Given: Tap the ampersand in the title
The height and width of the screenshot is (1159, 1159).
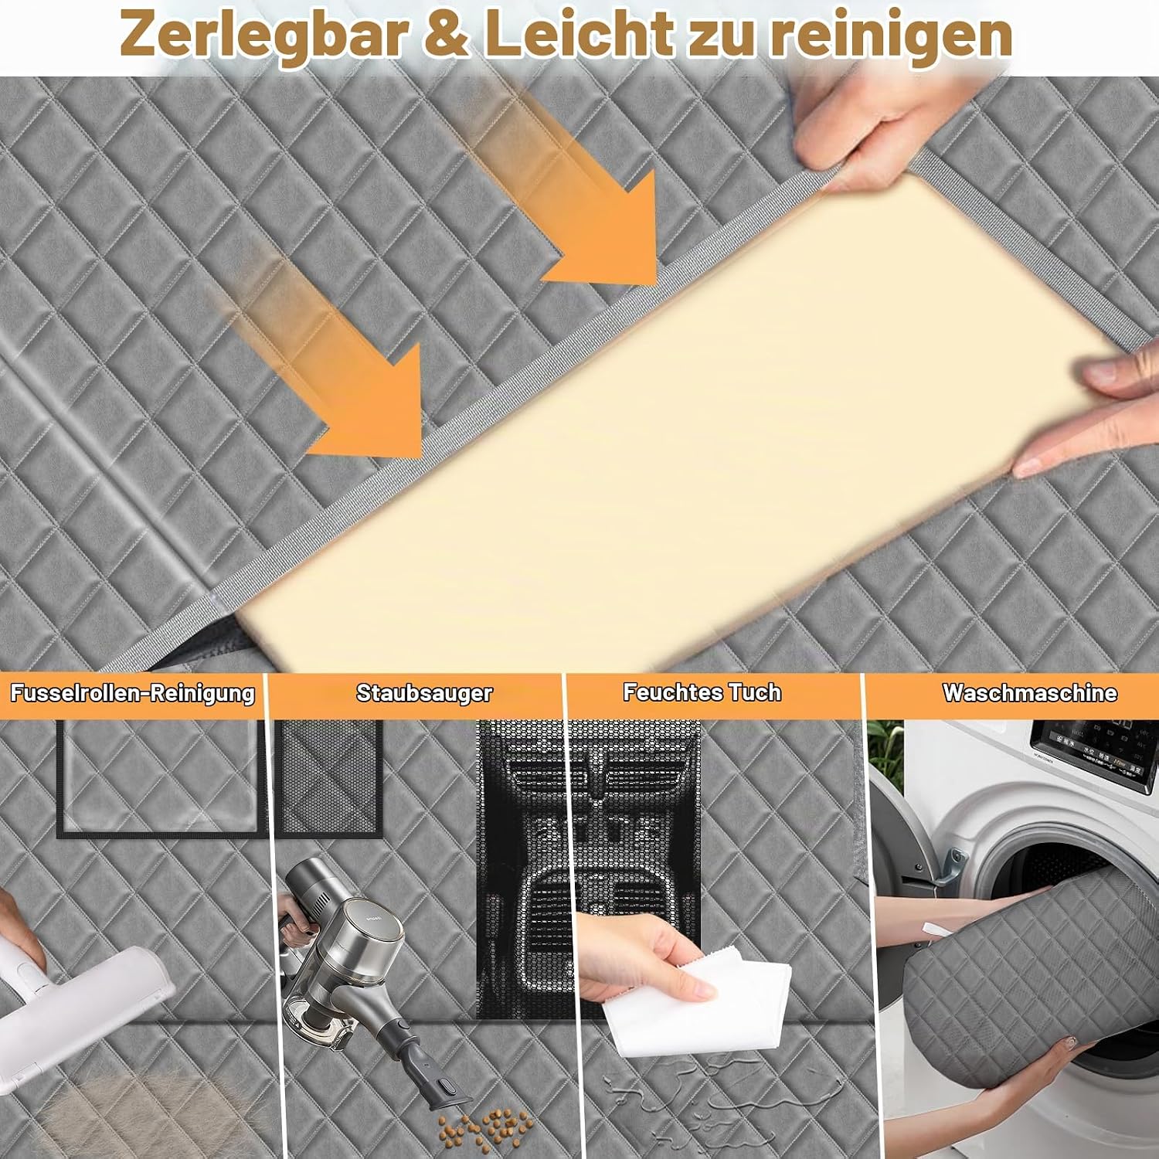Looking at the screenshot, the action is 447,34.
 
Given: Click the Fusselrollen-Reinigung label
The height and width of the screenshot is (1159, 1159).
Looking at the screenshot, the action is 132,692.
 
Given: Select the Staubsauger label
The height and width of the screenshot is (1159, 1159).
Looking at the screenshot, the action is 424,692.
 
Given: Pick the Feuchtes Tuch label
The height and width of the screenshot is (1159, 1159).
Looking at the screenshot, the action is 702,692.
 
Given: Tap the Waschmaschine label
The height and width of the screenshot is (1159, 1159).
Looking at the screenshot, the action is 1029,692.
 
